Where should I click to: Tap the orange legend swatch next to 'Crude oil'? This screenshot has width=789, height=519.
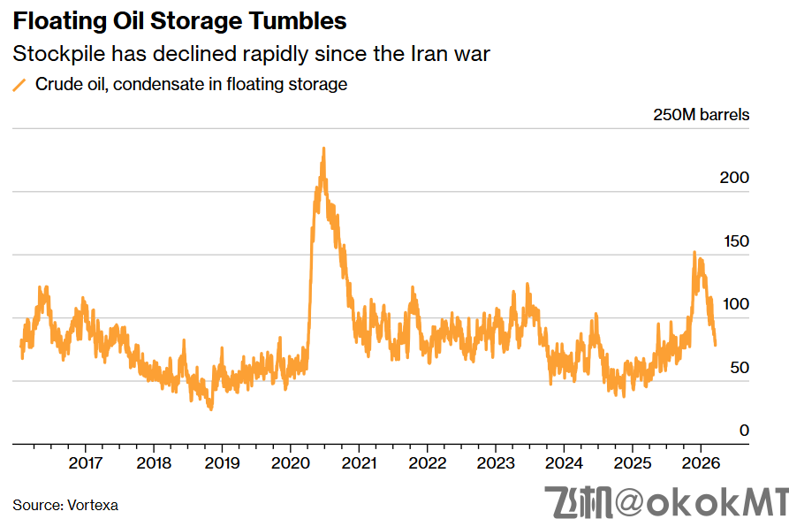tap(19, 86)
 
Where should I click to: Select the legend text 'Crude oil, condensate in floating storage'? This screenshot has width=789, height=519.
tap(191, 85)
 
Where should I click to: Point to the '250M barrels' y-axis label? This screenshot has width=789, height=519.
tap(701, 115)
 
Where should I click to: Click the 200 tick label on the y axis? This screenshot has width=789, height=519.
tap(734, 178)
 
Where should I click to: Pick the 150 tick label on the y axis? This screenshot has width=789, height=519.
tap(734, 241)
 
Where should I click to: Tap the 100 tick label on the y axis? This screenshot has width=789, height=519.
tap(734, 304)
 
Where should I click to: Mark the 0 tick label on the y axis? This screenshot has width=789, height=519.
tap(744, 431)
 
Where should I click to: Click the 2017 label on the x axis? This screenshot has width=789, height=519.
tap(85, 463)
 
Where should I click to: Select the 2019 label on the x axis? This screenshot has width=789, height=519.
tap(222, 463)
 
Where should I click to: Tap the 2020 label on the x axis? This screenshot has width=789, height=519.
tap(290, 463)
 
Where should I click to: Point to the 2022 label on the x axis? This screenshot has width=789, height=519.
tap(427, 463)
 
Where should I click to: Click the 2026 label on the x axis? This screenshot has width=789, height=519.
tap(700, 463)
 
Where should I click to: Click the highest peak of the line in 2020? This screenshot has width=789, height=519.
tap(323, 149)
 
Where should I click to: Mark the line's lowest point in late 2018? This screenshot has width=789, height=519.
tap(211, 409)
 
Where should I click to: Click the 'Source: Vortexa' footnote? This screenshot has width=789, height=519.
tap(65, 506)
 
